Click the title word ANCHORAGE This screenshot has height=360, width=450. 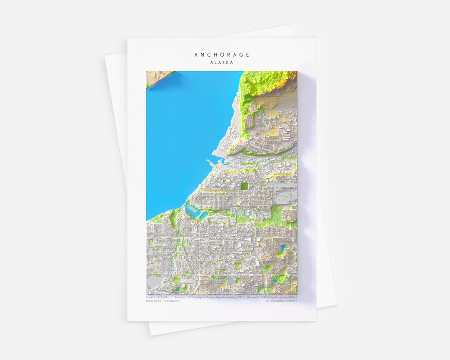[222, 55]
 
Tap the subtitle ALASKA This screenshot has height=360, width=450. [222, 62]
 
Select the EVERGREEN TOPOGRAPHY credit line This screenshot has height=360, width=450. [163, 301]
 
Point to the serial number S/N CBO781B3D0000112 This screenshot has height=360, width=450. [281, 301]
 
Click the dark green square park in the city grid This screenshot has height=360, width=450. [244, 186]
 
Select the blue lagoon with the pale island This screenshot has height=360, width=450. [192, 210]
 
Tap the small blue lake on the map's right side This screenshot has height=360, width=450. [283, 247]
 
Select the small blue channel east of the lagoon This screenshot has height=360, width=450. [204, 215]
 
